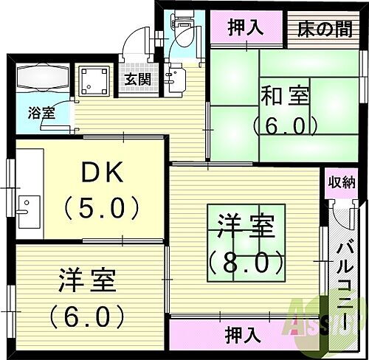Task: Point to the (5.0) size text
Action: (102, 207)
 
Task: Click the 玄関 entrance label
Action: (135, 80)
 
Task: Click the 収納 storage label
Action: (342, 181)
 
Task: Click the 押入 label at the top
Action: (246, 28)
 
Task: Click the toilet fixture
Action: (184, 32)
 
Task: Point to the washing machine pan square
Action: (94, 82)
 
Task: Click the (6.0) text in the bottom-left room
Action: (87, 315)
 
